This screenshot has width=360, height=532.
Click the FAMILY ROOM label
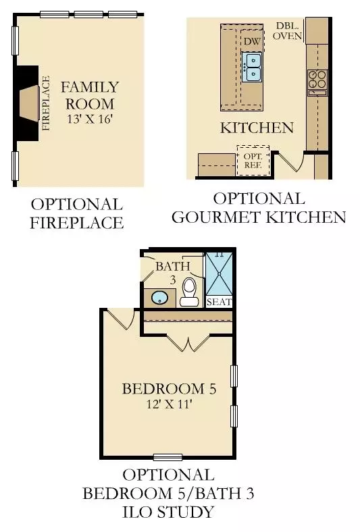point(89,95)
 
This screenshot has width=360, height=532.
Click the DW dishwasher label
point(252,42)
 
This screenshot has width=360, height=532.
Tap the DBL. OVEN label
point(288,31)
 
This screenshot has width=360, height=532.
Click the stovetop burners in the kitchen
point(317,82)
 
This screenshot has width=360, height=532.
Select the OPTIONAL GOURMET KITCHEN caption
point(259,208)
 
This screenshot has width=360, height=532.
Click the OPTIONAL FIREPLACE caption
point(76,213)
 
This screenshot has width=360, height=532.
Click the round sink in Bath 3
point(160,296)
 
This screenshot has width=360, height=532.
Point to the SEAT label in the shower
point(218,302)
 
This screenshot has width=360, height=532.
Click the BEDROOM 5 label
point(169,389)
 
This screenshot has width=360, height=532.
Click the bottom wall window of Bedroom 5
point(168,457)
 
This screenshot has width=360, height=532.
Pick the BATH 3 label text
point(168,273)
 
